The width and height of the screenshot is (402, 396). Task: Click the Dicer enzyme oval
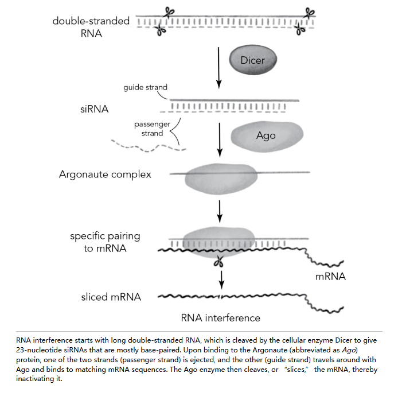[253, 59]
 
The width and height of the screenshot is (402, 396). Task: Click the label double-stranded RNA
[91, 27]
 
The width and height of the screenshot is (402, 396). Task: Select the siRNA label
[95, 108]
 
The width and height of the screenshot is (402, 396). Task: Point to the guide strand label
[145, 88]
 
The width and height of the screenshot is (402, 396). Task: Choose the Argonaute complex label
[105, 174]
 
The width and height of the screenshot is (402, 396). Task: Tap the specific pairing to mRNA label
[105, 241]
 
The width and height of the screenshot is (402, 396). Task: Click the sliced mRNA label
[111, 297]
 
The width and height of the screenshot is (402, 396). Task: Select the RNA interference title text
[220, 318]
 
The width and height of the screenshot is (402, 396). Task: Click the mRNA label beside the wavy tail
[331, 277]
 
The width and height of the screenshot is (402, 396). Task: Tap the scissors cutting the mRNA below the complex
[218, 262]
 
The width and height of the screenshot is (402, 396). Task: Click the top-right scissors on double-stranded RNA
[310, 12]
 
